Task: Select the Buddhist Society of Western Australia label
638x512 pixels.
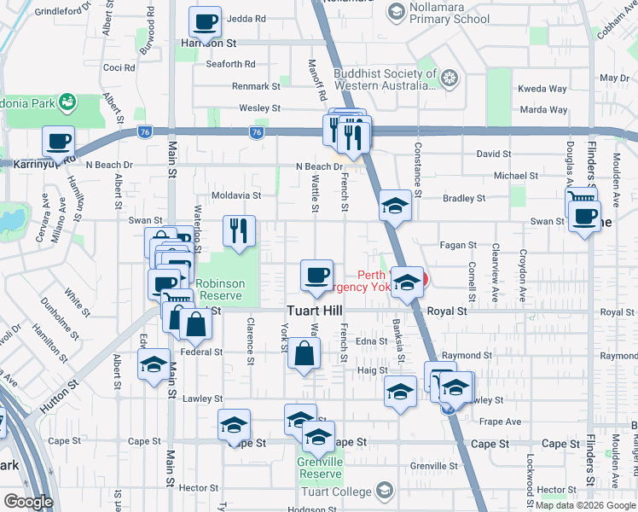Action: coord(386,79)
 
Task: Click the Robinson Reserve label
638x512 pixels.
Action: coord(220,290)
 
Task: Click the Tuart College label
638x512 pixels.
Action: coord(337,492)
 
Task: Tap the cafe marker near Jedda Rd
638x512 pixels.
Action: coord(205,21)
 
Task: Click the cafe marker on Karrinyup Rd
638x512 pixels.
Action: coord(58,141)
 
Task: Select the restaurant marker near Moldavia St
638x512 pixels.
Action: coord(240,229)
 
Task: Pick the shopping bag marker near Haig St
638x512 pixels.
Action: coord(304,353)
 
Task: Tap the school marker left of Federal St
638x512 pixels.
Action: coord(154,364)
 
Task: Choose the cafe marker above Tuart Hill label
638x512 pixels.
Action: coord(316,275)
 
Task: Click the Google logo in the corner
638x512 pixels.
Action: coord(27,502)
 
